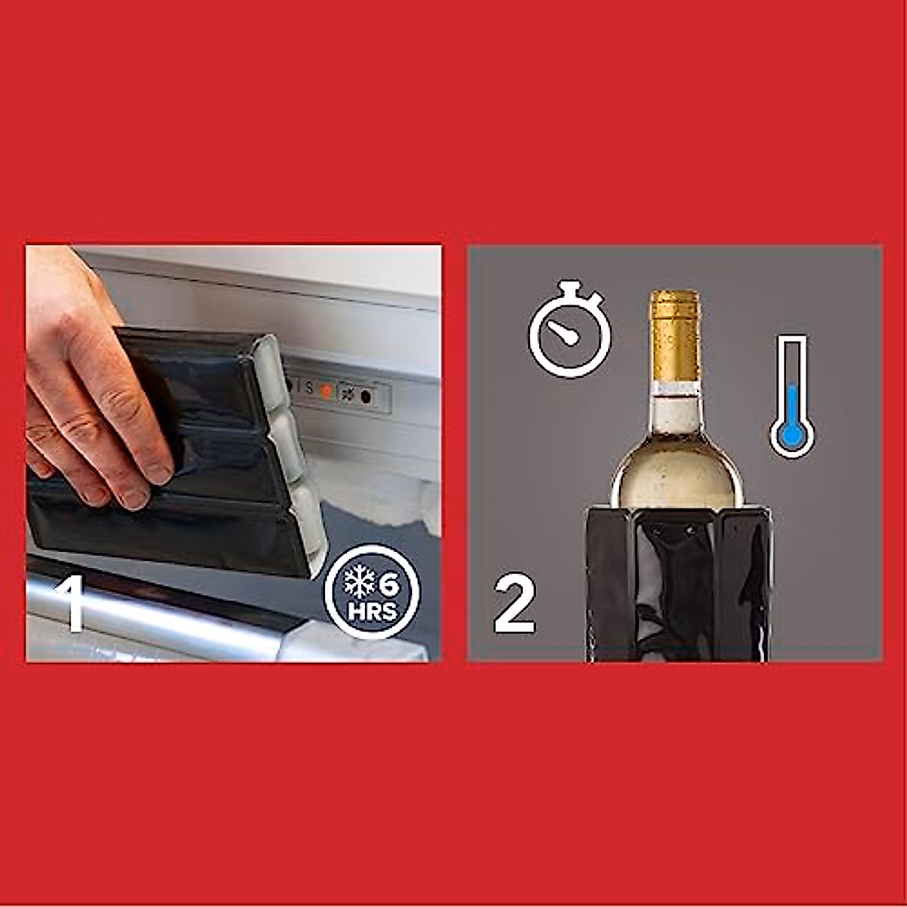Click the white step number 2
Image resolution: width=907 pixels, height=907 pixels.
click(514, 604)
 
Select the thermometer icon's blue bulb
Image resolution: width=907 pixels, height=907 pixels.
click(791, 435)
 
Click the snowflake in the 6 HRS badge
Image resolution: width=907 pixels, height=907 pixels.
click(360, 583)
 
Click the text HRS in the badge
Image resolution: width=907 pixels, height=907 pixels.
click(373, 611)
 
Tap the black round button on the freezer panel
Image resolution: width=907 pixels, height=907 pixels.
click(367, 396)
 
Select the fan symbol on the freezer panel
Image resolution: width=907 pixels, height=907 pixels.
click(347, 394)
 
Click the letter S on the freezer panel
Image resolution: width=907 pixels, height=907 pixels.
click(308, 388)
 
